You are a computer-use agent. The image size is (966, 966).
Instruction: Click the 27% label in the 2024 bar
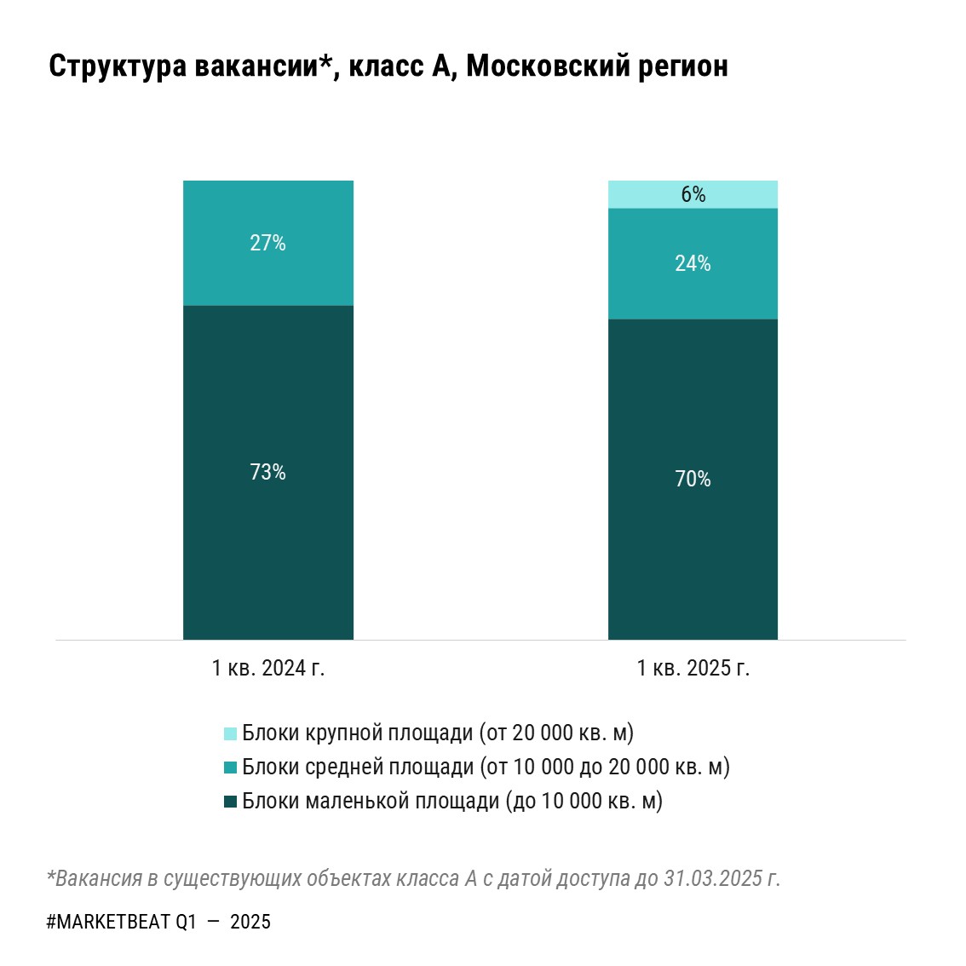click(267, 244)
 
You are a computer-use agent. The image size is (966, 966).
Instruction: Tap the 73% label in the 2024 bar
click(267, 473)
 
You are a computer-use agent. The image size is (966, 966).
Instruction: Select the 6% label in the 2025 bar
click(693, 195)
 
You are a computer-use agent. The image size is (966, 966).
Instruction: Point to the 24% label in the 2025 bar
click(693, 264)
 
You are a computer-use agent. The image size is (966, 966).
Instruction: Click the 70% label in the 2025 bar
click(693, 480)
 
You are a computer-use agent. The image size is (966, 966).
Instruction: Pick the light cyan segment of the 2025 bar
click(647, 194)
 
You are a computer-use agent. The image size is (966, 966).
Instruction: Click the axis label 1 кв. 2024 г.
click(268, 668)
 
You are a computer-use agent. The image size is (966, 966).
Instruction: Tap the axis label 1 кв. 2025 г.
click(693, 668)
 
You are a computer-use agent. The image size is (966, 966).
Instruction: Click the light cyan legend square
click(230, 733)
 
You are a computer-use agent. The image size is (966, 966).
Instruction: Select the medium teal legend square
click(230, 768)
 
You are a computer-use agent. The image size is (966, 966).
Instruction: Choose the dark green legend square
click(230, 802)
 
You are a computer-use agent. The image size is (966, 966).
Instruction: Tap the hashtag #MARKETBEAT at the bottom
click(108, 922)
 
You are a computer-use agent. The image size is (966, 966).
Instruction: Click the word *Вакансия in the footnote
click(94, 878)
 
